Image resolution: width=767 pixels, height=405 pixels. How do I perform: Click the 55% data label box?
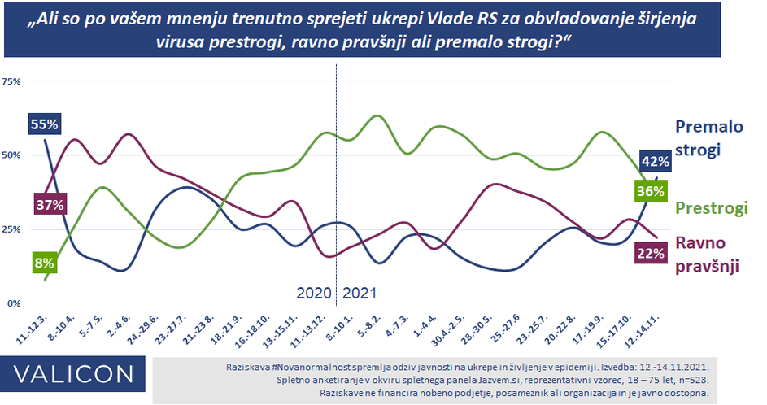[45, 124]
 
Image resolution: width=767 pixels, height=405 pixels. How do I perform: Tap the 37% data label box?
[49, 204]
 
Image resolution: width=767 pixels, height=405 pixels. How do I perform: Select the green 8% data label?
[44, 263]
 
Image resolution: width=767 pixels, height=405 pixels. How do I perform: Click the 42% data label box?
[655, 161]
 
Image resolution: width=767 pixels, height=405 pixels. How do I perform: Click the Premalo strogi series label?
[709, 138]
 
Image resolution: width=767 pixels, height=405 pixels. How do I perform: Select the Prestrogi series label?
[712, 208]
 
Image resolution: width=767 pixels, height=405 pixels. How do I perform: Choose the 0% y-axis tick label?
[15, 303]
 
